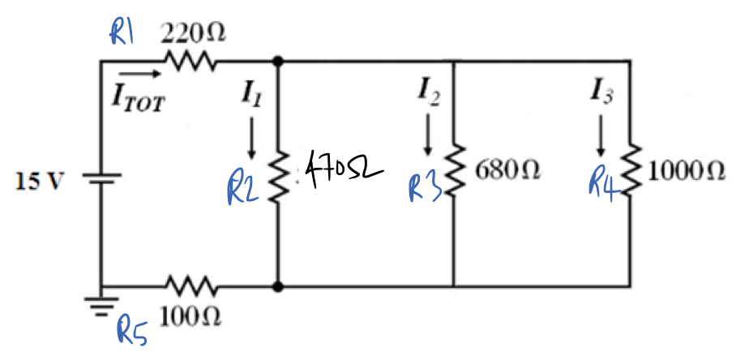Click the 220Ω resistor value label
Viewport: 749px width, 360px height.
click(193, 34)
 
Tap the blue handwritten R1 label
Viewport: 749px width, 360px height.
click(124, 33)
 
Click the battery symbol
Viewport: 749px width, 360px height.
click(101, 179)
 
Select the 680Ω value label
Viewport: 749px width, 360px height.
click(510, 173)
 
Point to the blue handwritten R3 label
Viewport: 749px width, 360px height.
click(425, 188)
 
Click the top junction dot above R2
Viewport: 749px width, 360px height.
click(278, 61)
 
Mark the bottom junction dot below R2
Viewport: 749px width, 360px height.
click(278, 286)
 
